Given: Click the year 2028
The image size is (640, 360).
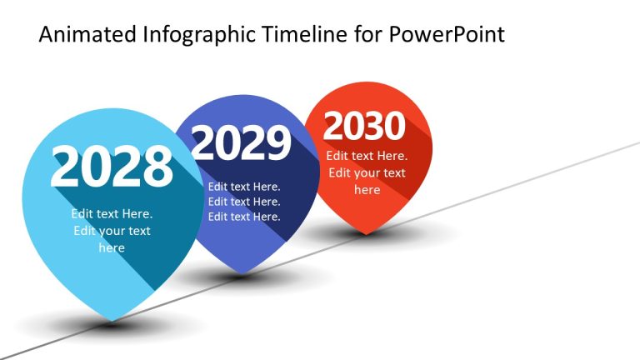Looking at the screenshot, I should (x=112, y=167).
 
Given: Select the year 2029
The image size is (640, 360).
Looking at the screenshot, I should (x=242, y=143).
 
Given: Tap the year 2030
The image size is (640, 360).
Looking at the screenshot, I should (x=364, y=127).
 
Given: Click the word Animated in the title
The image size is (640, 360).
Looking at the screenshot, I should (x=87, y=35).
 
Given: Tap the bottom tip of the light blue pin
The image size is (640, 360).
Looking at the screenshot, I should (x=112, y=319).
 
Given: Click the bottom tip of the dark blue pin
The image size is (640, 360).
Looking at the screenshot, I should (x=244, y=272).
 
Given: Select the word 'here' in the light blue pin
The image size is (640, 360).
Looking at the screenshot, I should (x=112, y=247).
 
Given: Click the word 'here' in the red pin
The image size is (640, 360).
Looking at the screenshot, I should (x=367, y=190).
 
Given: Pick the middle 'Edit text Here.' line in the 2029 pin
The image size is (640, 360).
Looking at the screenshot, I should (x=244, y=202).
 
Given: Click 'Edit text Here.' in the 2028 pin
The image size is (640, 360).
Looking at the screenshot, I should (x=112, y=214).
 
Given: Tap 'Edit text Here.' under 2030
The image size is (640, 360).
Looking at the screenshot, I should (x=367, y=156).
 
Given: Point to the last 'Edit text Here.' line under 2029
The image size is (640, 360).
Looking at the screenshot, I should (x=244, y=217).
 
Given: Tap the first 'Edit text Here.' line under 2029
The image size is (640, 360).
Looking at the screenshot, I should (x=244, y=187).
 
